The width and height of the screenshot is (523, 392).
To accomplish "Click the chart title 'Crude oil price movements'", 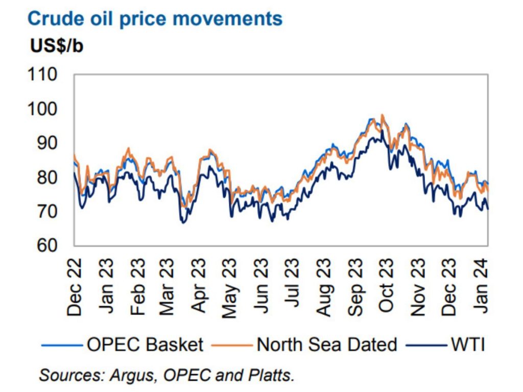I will click(154, 19).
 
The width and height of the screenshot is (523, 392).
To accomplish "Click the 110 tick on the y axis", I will click(45, 75).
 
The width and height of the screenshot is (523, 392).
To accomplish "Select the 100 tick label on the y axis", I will click(45, 109).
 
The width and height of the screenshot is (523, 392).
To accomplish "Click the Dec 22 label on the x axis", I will click(75, 286).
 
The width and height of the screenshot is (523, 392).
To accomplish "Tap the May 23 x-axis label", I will click(230, 286).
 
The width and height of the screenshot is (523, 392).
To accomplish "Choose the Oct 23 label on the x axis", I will click(386, 286).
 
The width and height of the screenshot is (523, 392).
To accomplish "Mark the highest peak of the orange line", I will click(382, 115).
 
